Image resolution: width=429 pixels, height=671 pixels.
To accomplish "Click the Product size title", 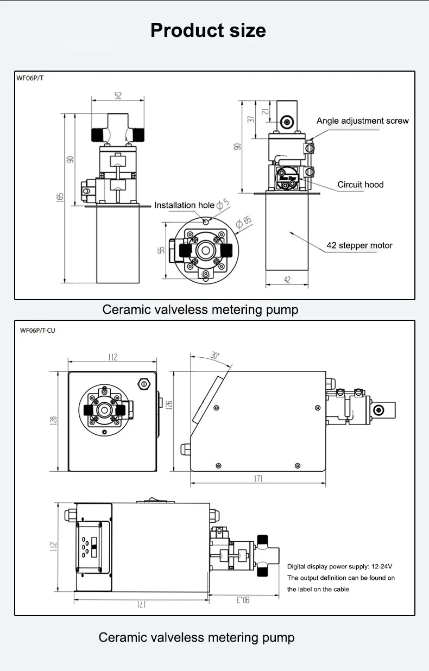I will tap(208, 30).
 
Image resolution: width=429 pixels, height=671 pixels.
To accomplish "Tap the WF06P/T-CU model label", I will tap(38, 330).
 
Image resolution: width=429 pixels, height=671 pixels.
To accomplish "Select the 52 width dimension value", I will tap(118, 96).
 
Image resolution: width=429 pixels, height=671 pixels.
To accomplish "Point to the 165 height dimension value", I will tap(60, 198).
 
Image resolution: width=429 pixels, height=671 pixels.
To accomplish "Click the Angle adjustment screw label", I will tap(362, 121).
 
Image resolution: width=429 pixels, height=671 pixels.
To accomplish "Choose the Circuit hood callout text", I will tap(360, 185).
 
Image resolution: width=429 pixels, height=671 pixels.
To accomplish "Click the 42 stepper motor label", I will tap(359, 245).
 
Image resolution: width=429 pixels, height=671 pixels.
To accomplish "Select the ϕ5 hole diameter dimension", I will tap(223, 205).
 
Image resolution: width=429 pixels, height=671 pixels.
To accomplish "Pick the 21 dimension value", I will tap(266, 111).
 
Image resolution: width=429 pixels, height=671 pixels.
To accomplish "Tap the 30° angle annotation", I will tap(215, 356).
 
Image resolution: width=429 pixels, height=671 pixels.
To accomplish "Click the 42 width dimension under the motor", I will tap(287, 280).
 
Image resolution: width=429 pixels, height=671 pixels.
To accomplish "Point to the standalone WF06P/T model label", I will tap(30, 78).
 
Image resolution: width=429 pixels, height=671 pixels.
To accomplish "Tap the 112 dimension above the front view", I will tap(112, 357).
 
